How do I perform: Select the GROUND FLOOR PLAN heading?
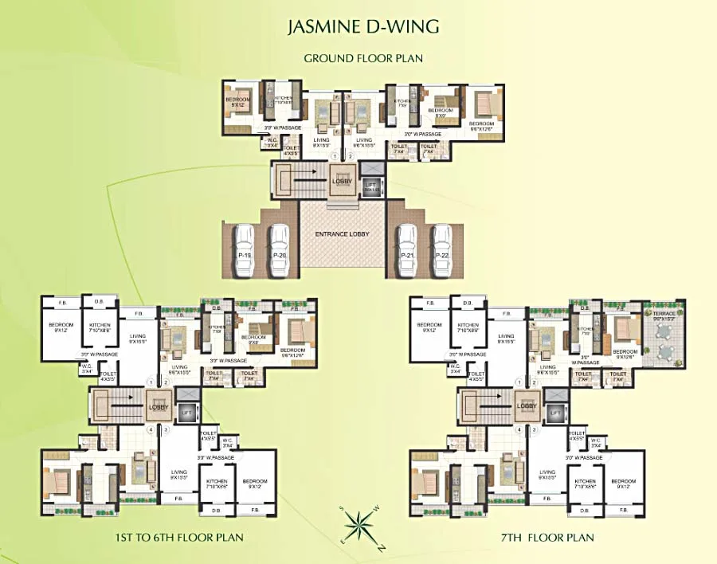362,58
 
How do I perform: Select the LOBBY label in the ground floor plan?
341,181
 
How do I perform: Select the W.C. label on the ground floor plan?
272,143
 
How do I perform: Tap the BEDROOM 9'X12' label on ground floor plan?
237,101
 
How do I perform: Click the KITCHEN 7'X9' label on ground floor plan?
402,103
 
